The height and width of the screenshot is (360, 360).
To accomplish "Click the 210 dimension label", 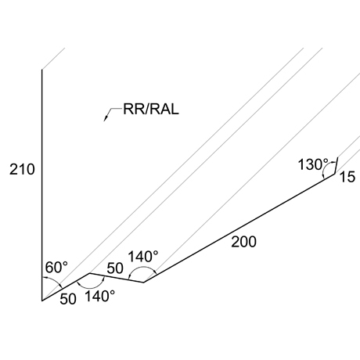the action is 22,170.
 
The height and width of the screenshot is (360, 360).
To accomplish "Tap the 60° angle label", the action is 56,267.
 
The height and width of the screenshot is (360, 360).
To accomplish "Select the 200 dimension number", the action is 243,242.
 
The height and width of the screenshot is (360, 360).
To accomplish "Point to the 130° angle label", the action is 313,164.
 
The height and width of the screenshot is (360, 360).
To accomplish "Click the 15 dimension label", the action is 347,177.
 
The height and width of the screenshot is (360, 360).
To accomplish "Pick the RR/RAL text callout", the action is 151,109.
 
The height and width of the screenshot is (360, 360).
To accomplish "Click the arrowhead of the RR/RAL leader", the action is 106,118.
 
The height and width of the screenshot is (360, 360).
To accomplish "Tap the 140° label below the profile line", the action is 100,297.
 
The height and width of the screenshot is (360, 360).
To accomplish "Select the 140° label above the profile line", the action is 143,257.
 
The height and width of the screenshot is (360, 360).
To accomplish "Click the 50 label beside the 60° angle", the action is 68,299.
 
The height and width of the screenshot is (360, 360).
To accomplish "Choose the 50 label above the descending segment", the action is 115,268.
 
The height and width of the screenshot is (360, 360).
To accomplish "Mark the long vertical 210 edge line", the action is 41,185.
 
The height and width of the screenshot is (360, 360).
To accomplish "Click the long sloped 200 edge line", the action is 239,228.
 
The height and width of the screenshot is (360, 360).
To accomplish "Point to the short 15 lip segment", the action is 336,166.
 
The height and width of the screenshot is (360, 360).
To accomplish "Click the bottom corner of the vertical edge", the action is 41,301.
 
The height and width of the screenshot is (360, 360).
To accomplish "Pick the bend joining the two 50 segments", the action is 89,273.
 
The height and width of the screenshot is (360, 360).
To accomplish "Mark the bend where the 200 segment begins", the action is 143,283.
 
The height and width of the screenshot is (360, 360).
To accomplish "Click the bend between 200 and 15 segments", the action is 334,174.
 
